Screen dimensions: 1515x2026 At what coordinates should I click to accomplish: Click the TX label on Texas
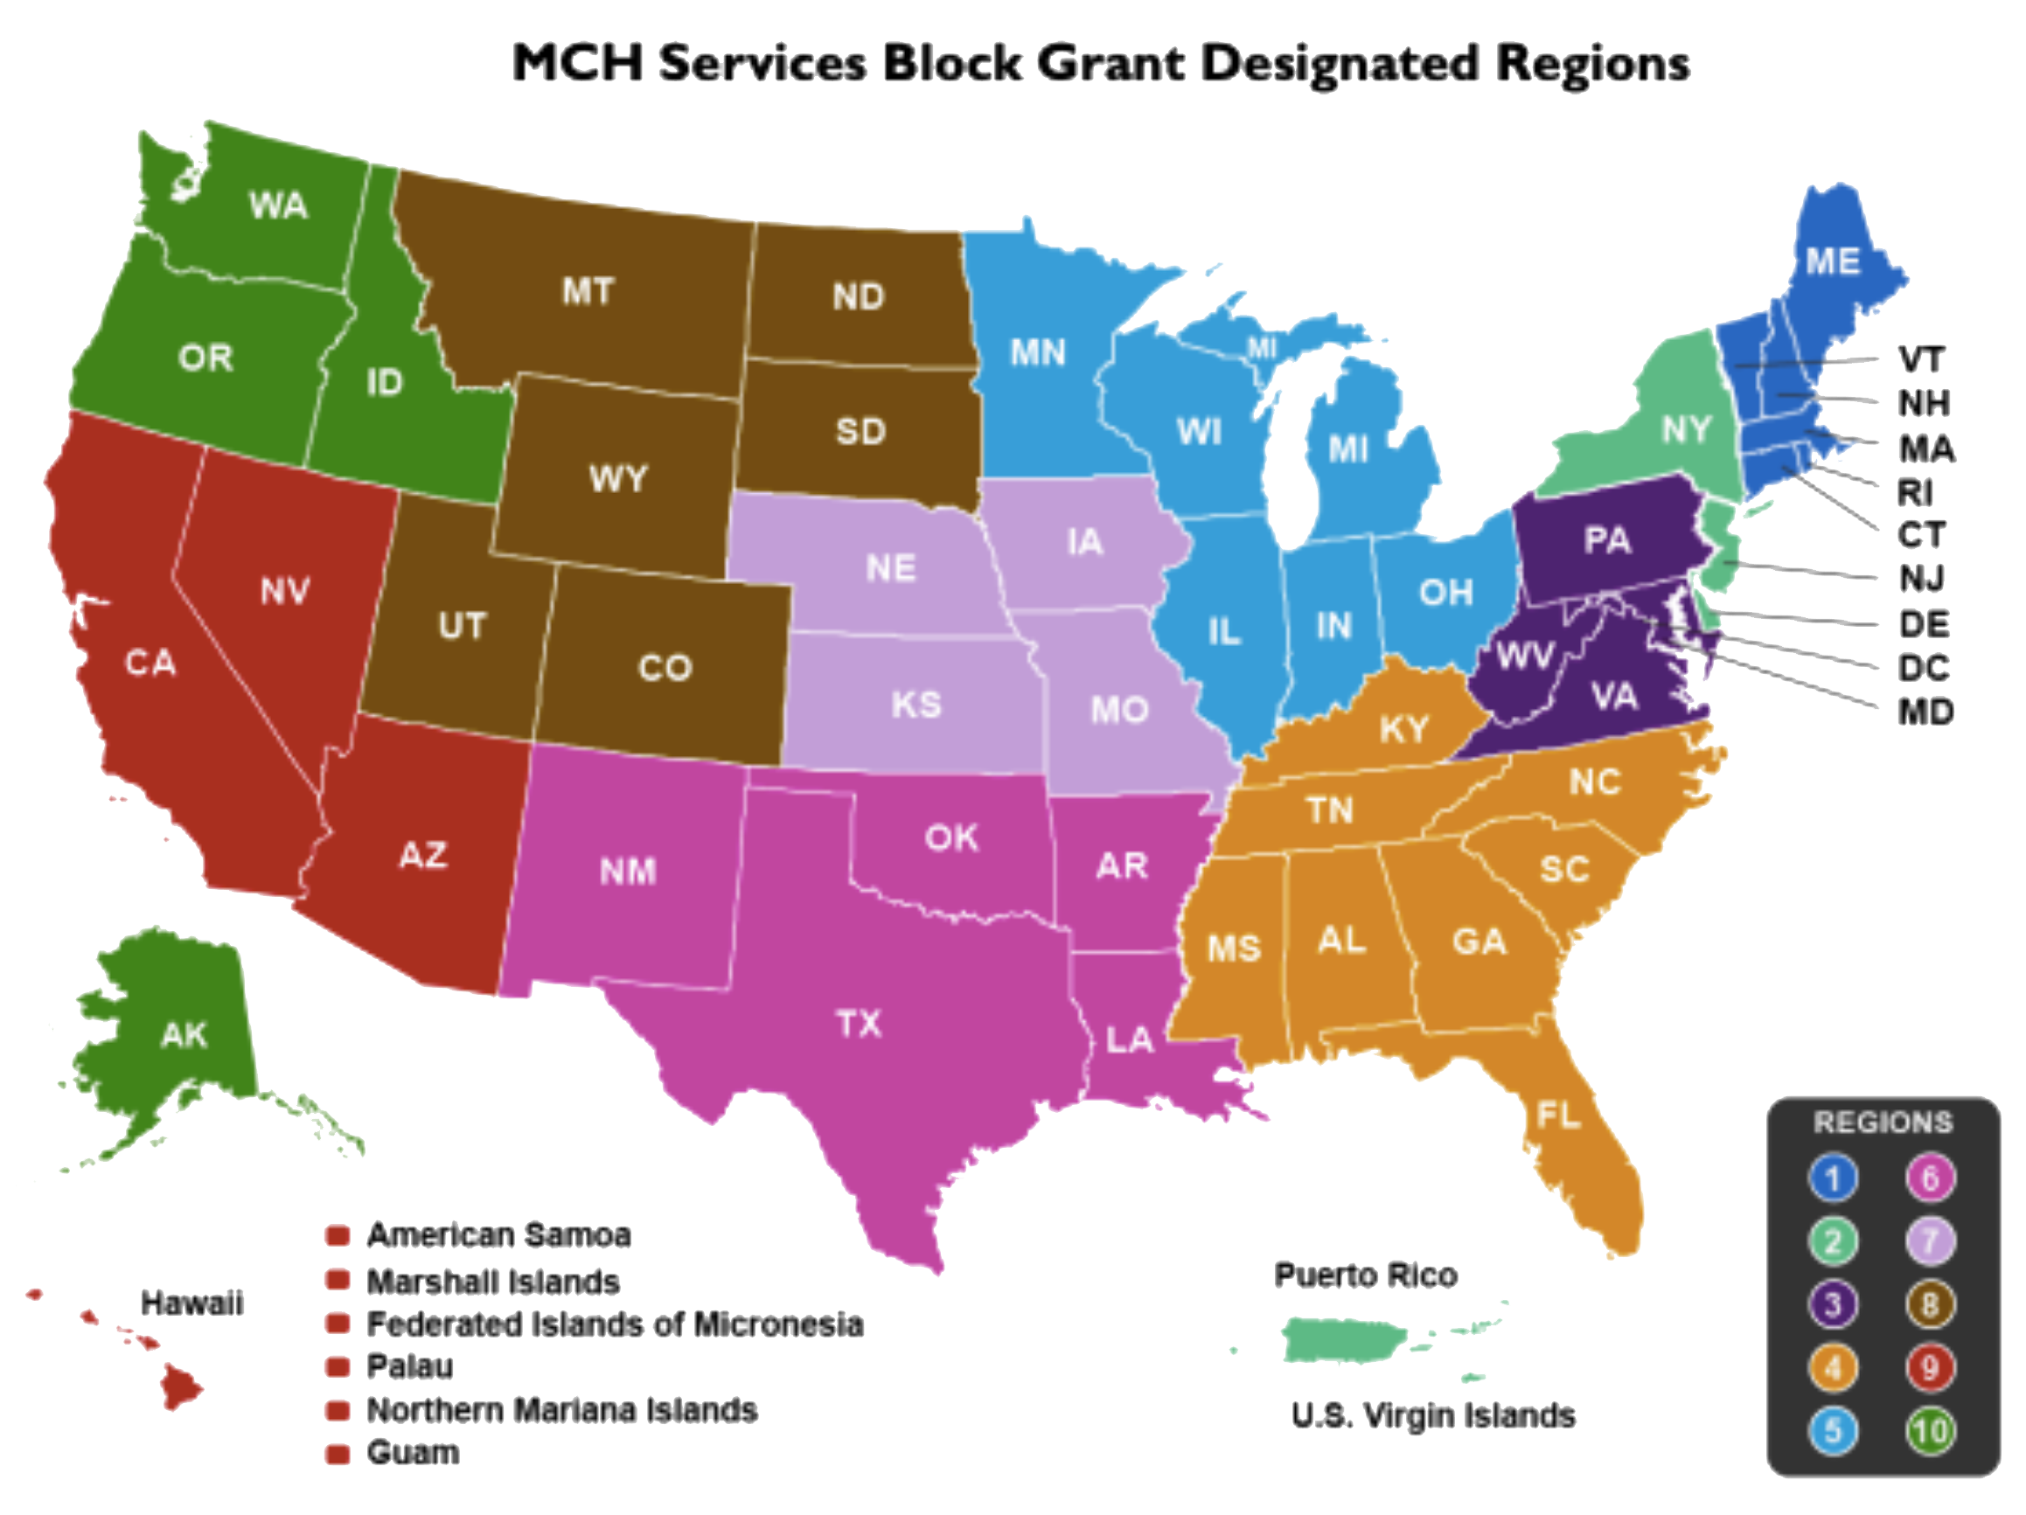(x=858, y=1023)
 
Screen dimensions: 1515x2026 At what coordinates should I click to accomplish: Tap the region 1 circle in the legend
(x=1833, y=1178)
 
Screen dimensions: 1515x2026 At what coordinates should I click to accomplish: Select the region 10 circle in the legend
(x=1930, y=1431)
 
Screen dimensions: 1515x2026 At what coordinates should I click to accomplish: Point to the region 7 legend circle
(x=1930, y=1241)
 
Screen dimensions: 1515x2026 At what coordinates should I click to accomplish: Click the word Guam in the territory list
(x=412, y=1453)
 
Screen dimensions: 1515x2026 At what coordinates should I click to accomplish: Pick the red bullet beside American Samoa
(x=338, y=1235)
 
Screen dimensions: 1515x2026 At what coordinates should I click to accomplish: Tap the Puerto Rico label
(x=1365, y=1275)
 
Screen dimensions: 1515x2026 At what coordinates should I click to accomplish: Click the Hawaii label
(x=191, y=1303)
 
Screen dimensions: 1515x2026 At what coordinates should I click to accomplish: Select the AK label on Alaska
(x=184, y=1035)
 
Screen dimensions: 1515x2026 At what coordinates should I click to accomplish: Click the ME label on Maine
(x=1833, y=262)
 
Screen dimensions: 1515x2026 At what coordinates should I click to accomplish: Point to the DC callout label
(x=1924, y=668)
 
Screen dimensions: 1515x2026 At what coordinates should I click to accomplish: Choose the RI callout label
(x=1915, y=493)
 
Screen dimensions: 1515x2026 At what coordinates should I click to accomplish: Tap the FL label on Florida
(x=1558, y=1115)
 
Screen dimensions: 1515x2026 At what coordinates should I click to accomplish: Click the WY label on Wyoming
(x=618, y=478)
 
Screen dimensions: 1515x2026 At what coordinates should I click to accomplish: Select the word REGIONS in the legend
(x=1883, y=1122)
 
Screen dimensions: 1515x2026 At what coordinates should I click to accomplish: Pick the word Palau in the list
(x=409, y=1366)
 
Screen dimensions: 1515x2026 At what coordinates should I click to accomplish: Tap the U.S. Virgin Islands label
(x=1432, y=1416)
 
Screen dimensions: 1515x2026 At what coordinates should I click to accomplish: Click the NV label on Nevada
(x=285, y=591)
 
